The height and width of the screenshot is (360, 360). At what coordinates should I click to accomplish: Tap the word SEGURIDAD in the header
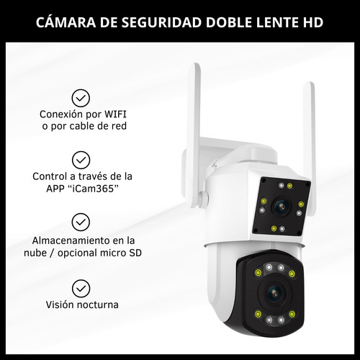pos(157,22)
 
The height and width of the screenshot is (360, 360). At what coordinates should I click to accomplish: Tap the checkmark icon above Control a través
pos(82,159)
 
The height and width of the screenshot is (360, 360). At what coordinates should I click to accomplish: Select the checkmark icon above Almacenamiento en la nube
pos(82,222)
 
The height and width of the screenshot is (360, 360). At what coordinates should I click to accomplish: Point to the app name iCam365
pos(94,189)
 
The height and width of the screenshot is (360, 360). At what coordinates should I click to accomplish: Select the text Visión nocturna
pos(82,305)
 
